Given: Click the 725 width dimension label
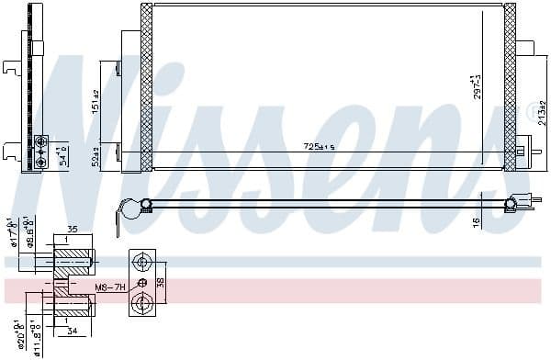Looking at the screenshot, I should (x=320, y=147).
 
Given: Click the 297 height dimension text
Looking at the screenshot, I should (x=477, y=87).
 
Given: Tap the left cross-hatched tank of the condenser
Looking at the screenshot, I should (x=146, y=87).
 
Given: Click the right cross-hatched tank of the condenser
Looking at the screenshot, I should (x=510, y=87).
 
